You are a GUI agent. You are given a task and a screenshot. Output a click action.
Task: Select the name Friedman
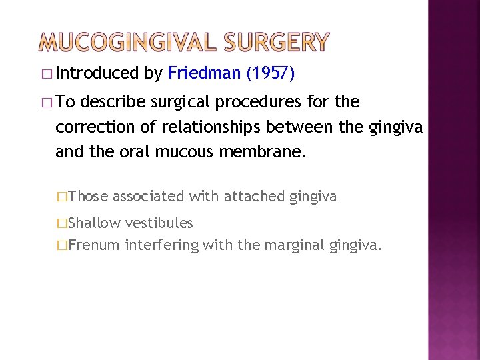205,73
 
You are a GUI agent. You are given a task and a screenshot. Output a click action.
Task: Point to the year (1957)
270,73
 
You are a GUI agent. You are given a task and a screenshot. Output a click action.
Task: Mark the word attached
254,196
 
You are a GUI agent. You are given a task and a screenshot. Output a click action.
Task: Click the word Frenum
93,245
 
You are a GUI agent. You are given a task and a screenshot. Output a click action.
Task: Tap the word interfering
161,245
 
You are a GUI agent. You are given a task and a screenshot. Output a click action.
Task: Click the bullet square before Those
62,197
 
